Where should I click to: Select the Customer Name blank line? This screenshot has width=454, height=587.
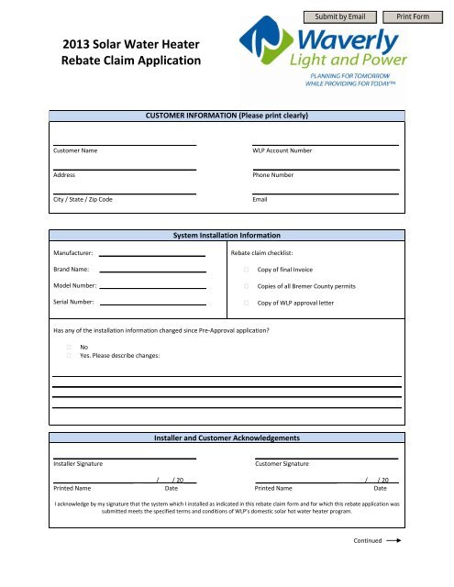124,144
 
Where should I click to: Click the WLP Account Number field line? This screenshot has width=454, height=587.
325,144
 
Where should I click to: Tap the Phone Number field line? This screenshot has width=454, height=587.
325,169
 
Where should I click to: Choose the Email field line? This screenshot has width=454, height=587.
325,194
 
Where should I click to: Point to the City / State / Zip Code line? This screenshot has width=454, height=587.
124,194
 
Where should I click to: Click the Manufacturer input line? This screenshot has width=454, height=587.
152,257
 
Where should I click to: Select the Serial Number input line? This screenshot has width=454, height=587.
152,304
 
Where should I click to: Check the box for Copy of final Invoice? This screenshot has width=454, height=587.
247,271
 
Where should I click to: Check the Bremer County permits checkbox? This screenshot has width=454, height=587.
247,287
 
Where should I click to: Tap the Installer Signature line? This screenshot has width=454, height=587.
124,458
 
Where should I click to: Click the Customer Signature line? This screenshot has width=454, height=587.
326,458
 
